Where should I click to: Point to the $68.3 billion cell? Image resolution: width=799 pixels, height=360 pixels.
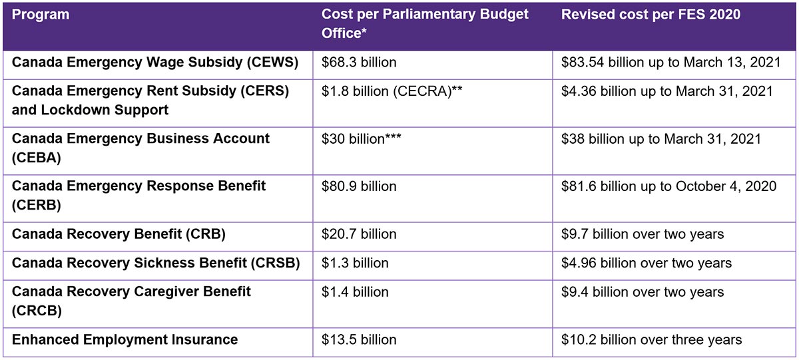[x=359, y=63]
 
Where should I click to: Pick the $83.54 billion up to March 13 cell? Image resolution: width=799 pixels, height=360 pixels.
[x=666, y=63]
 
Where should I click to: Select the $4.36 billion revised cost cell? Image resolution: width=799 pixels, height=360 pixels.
[x=666, y=91]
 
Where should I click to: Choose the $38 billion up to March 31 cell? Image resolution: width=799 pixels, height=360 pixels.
[x=661, y=139]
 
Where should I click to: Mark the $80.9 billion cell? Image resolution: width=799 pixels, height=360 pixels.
[x=359, y=186]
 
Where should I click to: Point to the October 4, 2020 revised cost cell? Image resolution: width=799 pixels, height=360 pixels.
[x=668, y=186]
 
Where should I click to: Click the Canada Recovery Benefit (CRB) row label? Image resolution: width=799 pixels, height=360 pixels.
[x=119, y=234]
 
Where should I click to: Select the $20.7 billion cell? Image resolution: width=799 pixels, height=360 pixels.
[x=359, y=234]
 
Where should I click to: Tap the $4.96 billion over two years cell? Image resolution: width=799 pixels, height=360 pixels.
[x=646, y=263]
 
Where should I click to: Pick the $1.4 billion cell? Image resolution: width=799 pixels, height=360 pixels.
[x=355, y=291]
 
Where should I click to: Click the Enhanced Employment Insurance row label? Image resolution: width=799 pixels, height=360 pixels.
[x=125, y=339]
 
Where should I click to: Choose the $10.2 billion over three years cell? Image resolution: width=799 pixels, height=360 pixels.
[x=651, y=339]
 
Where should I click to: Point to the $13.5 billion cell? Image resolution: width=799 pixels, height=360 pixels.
[x=359, y=339]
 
